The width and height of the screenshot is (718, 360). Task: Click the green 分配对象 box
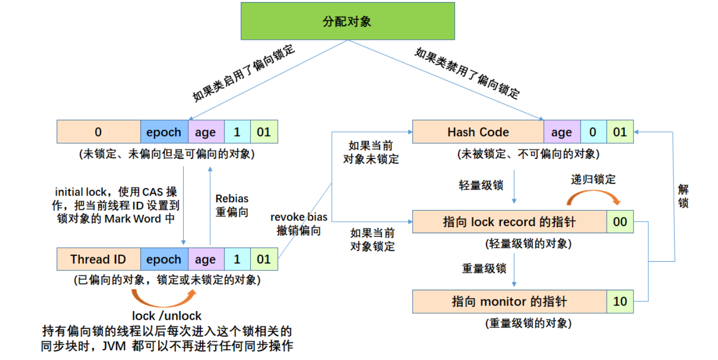348,21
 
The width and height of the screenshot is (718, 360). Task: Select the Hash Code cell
478,132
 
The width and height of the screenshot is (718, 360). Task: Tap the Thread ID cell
98,259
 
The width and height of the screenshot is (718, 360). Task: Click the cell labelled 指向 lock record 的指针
509,221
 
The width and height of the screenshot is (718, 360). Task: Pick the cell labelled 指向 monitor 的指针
509,301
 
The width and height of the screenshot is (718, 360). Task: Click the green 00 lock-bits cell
620,221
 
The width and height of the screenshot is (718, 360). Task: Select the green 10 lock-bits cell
620,301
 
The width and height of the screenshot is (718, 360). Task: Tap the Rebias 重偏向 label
232,205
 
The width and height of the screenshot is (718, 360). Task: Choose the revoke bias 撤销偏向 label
299,224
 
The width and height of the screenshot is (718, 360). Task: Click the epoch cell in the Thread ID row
164,259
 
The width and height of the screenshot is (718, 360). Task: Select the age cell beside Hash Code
562,132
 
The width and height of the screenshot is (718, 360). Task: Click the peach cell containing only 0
98,132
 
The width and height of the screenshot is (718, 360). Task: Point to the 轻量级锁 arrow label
481,185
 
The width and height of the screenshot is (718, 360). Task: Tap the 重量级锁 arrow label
484,268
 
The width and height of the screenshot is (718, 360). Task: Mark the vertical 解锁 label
683,197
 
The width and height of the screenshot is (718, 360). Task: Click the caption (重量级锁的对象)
529,323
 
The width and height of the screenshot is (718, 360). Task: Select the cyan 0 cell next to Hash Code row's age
593,132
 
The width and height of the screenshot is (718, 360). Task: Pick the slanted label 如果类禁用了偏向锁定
467,73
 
